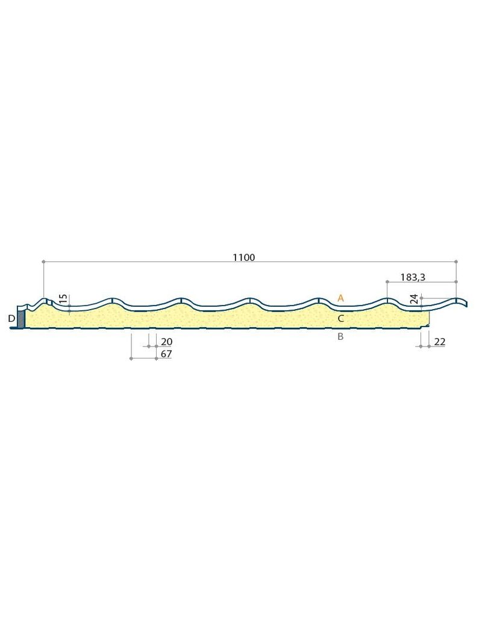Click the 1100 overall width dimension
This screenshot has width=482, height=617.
[244, 257]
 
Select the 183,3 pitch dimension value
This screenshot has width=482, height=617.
[413, 277]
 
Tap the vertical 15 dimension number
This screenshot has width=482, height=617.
[63, 299]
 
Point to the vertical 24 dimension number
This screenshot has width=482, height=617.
[413, 299]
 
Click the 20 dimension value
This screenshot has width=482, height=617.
[166, 342]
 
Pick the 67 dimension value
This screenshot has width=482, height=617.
[166, 354]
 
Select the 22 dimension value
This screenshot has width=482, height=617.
[439, 342]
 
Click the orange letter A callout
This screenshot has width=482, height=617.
[341, 298]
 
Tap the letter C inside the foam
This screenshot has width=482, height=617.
[341, 318]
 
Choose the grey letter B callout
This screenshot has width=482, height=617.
[341, 336]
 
